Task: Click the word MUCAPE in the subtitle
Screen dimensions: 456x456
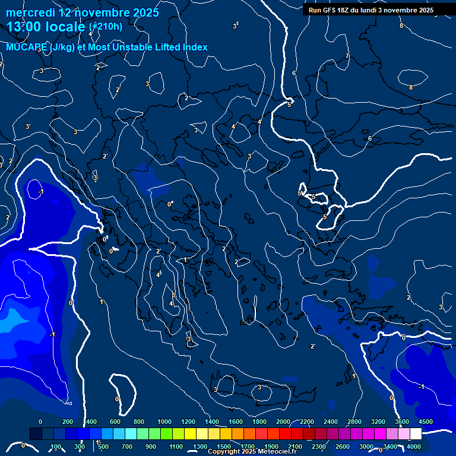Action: pyautogui.click(x=27, y=47)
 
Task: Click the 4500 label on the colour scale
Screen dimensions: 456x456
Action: pyautogui.click(x=426, y=422)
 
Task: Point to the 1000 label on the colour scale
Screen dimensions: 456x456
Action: pyautogui.click(x=164, y=422)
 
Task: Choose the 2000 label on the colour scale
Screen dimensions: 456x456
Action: pyautogui.click(x=283, y=422)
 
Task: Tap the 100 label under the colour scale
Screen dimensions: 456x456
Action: pyautogui.click(x=56, y=446)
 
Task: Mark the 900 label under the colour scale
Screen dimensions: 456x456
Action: pyautogui.click(x=151, y=446)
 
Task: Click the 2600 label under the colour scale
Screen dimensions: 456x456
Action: pyautogui.click(x=343, y=446)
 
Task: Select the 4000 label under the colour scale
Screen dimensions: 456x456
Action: pyautogui.click(x=414, y=446)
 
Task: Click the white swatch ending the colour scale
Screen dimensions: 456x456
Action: pyautogui.click(x=416, y=434)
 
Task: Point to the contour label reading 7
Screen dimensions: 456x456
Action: pyautogui.click(x=347, y=56)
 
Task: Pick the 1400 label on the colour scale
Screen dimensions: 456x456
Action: pyautogui.click(x=212, y=422)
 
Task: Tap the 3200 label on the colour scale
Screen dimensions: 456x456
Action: pyautogui.click(x=378, y=422)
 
